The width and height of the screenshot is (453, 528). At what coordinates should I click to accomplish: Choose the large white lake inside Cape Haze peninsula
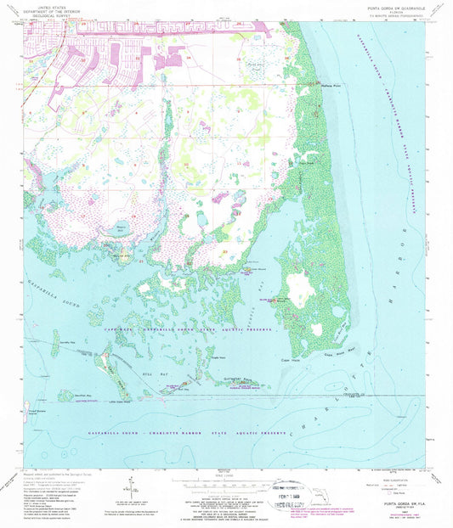coord(299,283)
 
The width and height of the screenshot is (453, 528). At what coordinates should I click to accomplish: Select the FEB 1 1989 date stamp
coord(286,494)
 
